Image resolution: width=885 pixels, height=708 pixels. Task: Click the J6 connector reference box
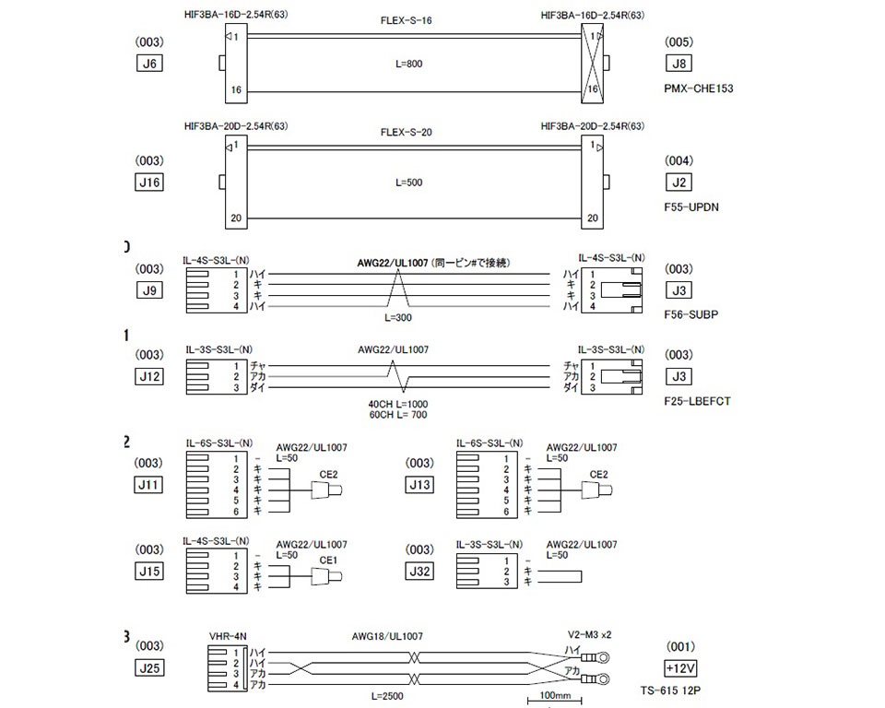149,65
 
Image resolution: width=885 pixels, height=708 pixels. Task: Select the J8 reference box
680,65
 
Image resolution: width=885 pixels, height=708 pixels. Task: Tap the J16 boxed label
149,183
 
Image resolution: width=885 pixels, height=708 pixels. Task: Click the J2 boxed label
680,183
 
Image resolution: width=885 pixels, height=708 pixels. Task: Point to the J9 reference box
149,291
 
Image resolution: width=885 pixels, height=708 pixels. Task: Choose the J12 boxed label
149,376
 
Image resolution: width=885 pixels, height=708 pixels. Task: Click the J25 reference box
149,667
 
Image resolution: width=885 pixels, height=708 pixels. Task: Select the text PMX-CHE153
699,88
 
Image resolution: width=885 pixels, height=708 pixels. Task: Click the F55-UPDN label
691,206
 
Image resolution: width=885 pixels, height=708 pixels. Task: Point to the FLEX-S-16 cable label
406,21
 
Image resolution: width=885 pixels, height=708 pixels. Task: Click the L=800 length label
406,65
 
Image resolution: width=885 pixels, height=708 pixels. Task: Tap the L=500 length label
406,183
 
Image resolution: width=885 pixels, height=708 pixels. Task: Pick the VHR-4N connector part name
227,636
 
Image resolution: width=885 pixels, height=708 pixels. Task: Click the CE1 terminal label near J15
327,560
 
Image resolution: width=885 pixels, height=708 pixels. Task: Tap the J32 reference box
420,571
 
